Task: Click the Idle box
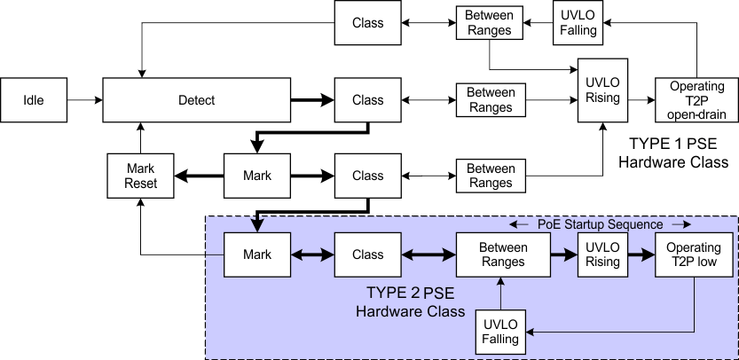[x=34, y=100]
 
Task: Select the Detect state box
[x=196, y=100]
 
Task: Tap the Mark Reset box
[x=140, y=176]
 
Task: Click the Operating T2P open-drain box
[x=696, y=100]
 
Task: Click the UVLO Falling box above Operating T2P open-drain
[x=578, y=23]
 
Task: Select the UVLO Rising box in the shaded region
[x=602, y=254]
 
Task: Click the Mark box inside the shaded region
[x=256, y=254]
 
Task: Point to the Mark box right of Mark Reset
[x=256, y=176]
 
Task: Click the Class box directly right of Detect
[x=367, y=100]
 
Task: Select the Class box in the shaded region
[x=367, y=254]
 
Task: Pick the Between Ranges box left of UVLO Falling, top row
[x=489, y=23]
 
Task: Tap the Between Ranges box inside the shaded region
[x=501, y=254]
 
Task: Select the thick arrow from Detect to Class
[x=312, y=100]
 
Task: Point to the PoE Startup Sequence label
[x=600, y=224]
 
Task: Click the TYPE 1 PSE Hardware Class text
[x=672, y=153]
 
